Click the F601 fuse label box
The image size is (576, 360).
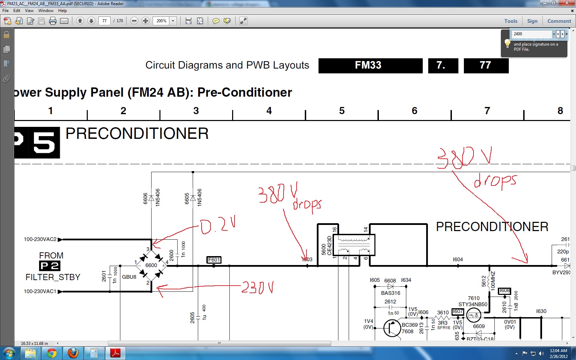(214, 260)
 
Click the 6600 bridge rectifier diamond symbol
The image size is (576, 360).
(151, 265)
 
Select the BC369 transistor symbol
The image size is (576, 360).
(392, 328)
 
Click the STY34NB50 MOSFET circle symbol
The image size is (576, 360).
(474, 315)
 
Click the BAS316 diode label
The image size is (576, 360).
(391, 293)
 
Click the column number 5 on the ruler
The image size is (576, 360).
(342, 111)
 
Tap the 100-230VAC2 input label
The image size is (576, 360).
(40, 239)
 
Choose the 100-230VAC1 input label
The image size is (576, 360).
(40, 291)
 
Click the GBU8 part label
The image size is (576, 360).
(129, 277)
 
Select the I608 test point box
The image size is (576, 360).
(504, 291)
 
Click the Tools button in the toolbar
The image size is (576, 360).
(511, 21)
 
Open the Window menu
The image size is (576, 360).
(46, 11)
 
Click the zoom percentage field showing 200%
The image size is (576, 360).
(161, 21)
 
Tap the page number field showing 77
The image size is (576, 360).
(104, 21)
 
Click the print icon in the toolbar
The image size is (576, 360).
(53, 21)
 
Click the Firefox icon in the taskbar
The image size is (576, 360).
(73, 353)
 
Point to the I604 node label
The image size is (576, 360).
(458, 260)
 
